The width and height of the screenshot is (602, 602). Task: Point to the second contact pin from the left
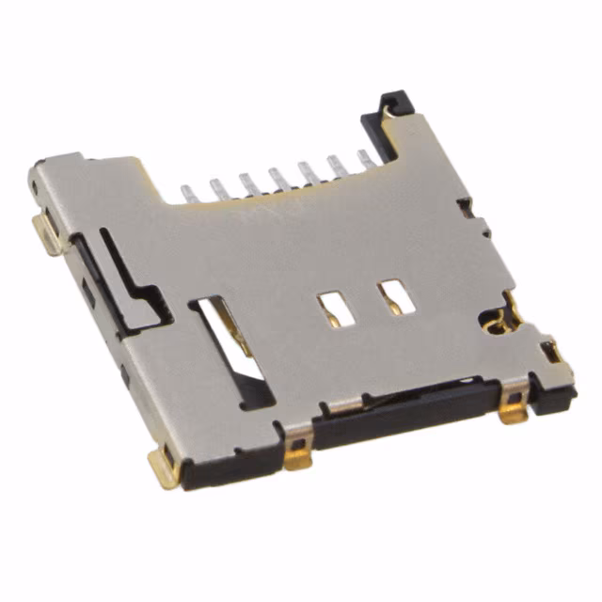click(217, 185)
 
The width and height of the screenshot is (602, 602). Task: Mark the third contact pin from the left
click(246, 180)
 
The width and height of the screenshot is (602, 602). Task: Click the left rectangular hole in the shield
click(330, 307)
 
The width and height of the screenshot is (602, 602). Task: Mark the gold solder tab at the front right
click(515, 410)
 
